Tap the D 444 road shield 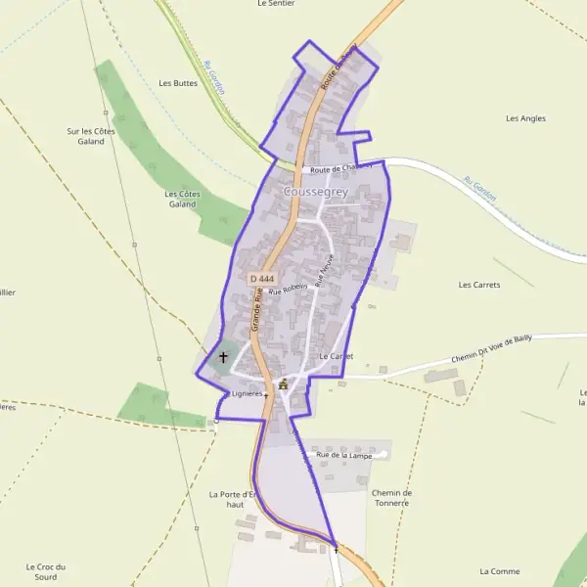(259, 279)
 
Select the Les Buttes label (178, 83)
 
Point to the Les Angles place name (525, 118)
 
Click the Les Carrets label (479, 285)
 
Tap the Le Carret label (336, 356)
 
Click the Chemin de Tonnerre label (392, 497)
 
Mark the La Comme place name (500, 570)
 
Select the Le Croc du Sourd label (46, 571)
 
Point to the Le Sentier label (276, 4)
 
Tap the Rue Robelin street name (289, 290)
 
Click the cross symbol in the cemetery (223, 358)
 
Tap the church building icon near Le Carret (284, 384)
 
